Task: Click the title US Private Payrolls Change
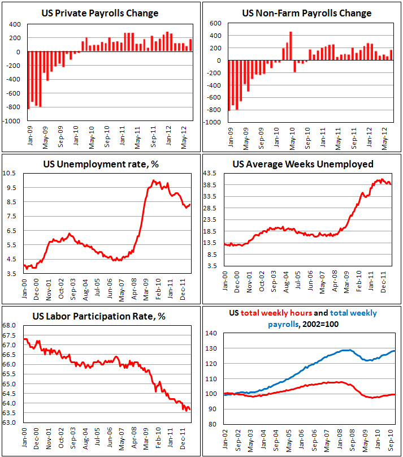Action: tap(101, 13)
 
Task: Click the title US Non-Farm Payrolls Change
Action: tap(302, 13)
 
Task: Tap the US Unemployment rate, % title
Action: tap(101, 165)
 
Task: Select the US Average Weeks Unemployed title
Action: tap(302, 165)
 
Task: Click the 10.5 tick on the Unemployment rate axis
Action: tap(14, 173)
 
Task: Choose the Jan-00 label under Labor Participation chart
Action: tap(25, 438)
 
